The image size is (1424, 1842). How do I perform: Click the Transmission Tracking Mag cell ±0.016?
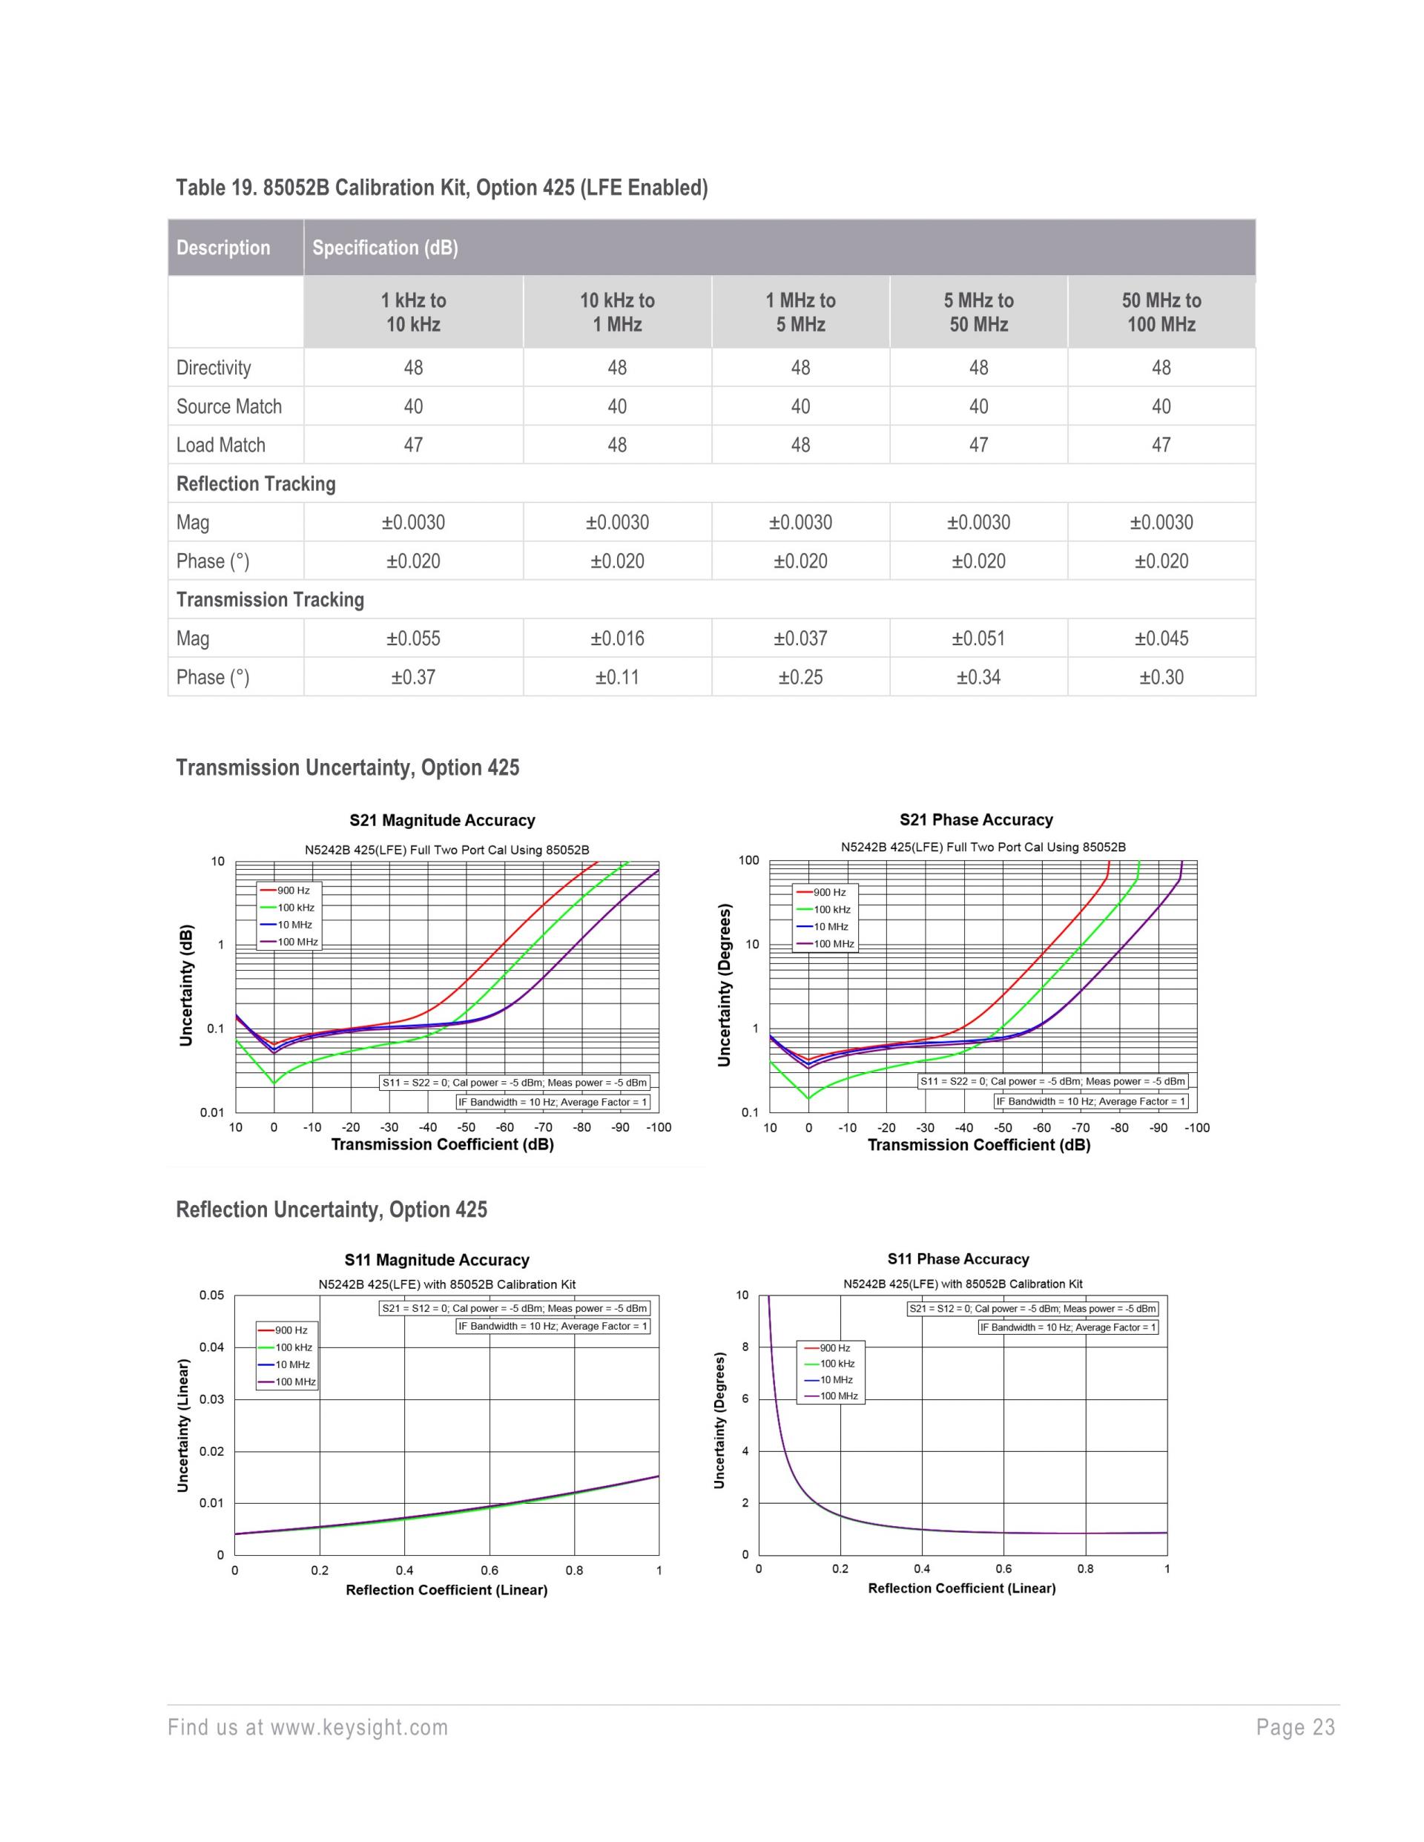tap(616, 638)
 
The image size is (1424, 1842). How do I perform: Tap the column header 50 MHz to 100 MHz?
tap(1161, 312)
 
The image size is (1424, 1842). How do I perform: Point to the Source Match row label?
tap(228, 406)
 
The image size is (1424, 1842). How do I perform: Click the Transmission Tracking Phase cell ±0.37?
tap(412, 677)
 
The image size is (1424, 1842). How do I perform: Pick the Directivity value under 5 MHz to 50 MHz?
tap(978, 368)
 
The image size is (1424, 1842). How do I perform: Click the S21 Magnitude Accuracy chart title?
tap(442, 820)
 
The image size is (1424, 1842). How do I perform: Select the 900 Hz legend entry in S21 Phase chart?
tap(829, 892)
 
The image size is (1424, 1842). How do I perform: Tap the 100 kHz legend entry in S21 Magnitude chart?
tap(295, 908)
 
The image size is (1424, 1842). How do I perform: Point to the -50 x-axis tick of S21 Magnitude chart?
tap(466, 1128)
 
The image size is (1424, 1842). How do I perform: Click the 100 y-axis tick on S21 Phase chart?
tap(748, 860)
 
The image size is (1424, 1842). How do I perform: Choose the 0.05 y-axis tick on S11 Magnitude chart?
tap(211, 1295)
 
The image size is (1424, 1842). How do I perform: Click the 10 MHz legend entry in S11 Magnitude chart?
tap(292, 1364)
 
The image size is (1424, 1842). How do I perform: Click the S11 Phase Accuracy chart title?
tap(957, 1259)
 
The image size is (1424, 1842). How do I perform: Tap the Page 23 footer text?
tap(1295, 1728)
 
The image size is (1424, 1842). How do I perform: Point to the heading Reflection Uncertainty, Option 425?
tap(331, 1209)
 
